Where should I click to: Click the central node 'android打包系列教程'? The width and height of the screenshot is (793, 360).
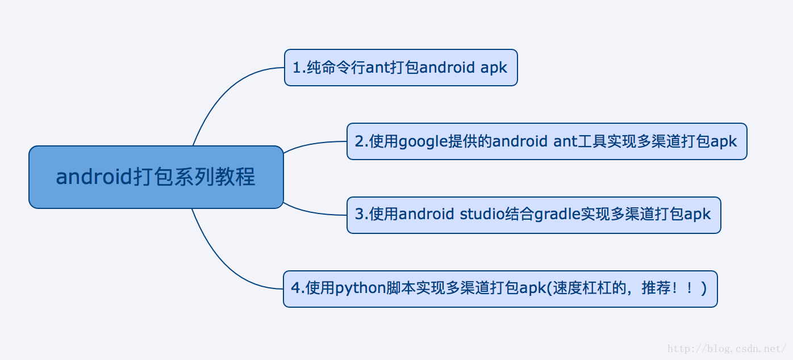click(156, 177)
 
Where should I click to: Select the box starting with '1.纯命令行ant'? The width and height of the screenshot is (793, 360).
click(400, 68)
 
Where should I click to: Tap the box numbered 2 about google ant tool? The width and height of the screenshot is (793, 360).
click(547, 141)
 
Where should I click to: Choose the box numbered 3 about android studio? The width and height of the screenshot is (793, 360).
click(534, 215)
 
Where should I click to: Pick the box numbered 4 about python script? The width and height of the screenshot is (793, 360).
click(500, 289)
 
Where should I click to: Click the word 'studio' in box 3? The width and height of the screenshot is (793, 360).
click(482, 214)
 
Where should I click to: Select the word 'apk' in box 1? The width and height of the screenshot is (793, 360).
click(494, 68)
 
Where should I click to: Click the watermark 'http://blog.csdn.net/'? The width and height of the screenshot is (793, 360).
click(727, 349)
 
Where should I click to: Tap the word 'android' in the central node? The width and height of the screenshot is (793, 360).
click(94, 176)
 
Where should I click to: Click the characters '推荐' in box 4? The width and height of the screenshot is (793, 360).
click(656, 288)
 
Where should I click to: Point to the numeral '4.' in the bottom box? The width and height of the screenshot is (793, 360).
click(298, 288)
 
